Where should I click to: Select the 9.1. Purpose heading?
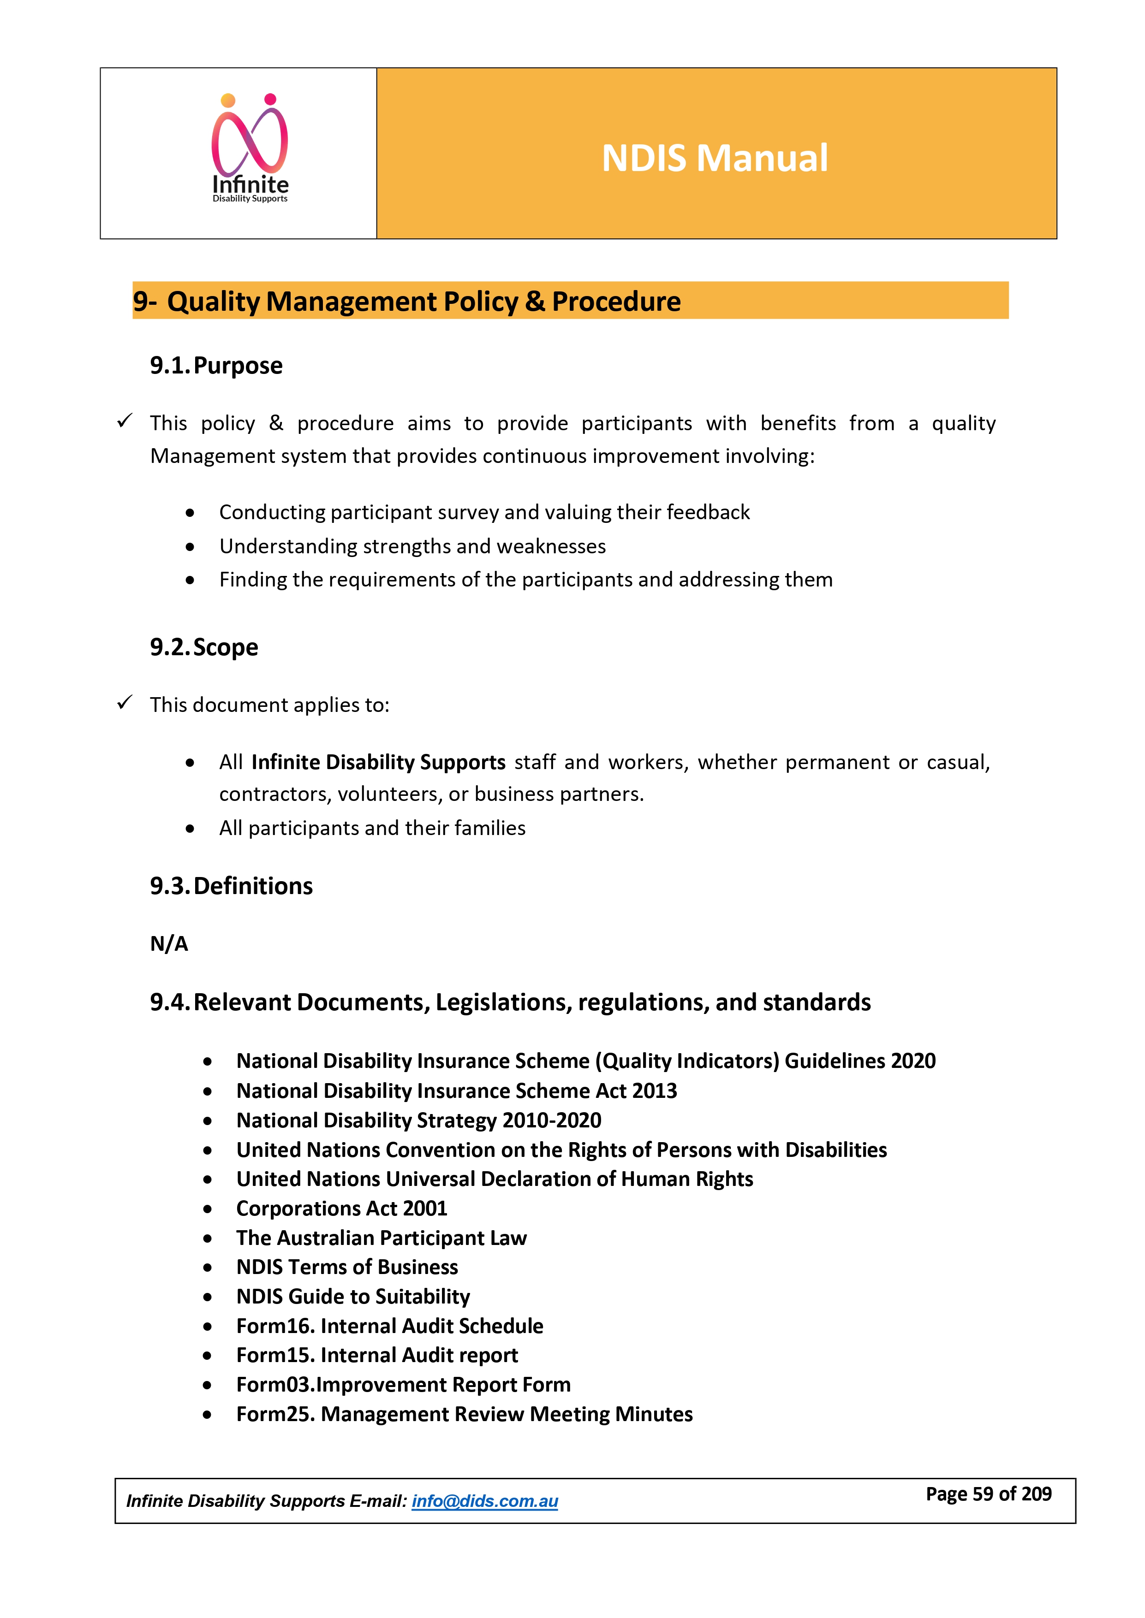(216, 366)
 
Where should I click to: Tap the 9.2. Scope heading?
(204, 647)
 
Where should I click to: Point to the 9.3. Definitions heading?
(231, 886)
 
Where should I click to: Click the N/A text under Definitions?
(169, 943)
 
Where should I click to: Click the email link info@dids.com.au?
(484, 1502)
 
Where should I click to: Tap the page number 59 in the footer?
(982, 1494)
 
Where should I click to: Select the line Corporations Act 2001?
(341, 1209)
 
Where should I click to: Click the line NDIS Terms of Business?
(347, 1267)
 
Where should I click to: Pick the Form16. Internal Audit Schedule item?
(389, 1326)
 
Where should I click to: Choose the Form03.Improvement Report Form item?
(403, 1385)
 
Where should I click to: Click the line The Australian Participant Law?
(382, 1238)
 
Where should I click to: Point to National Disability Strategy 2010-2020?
(419, 1120)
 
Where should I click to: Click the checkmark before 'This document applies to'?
(125, 703)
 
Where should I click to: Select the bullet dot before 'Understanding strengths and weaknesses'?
(190, 547)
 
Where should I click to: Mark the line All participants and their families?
(372, 828)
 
